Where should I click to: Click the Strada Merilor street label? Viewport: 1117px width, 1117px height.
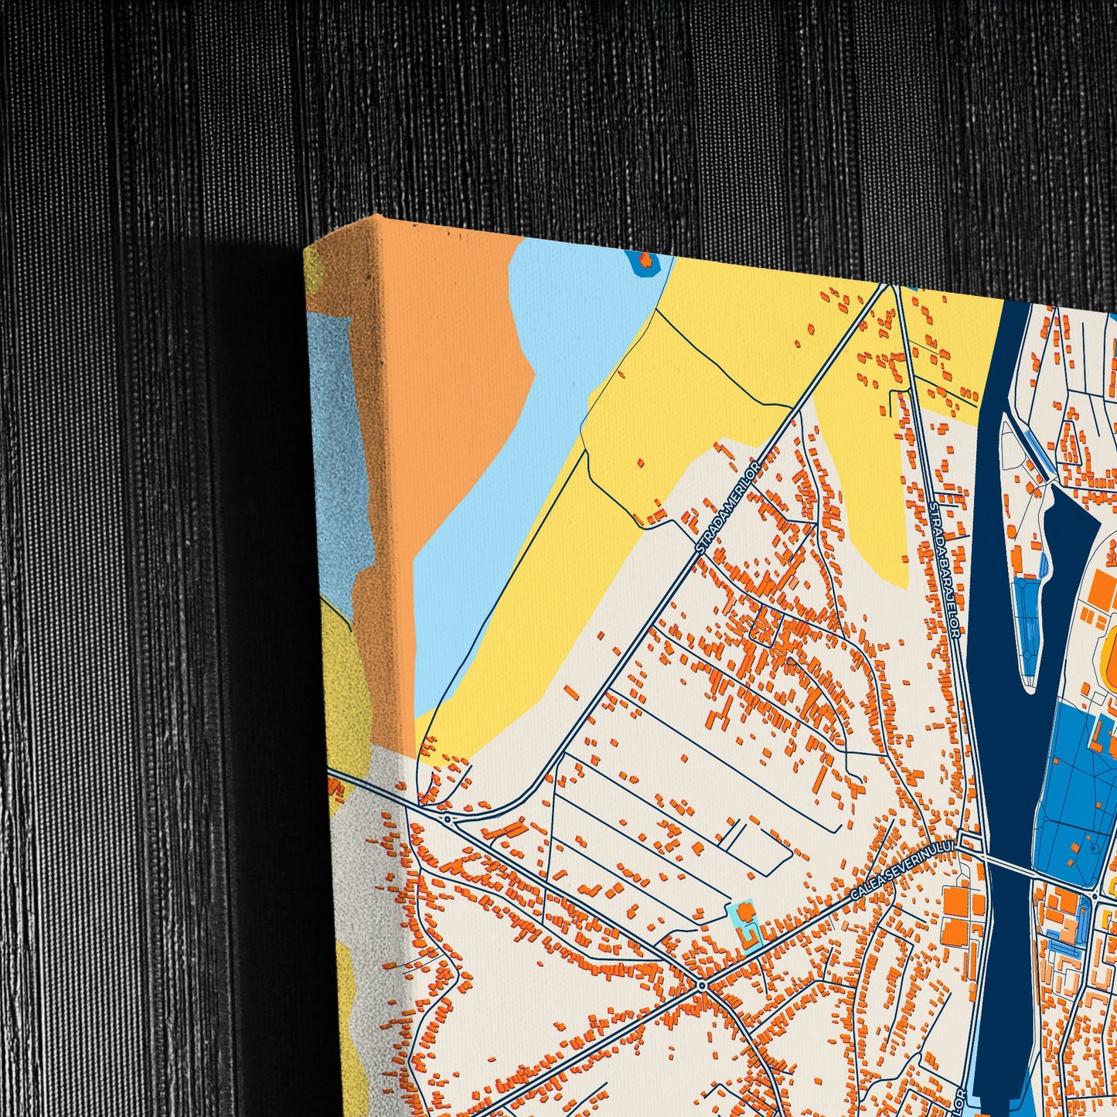coord(729,507)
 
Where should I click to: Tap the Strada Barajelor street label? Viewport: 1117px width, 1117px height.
coord(946,569)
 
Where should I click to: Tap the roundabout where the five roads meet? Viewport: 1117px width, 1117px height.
coord(701,985)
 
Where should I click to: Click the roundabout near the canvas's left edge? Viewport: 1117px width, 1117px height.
coord(447,818)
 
